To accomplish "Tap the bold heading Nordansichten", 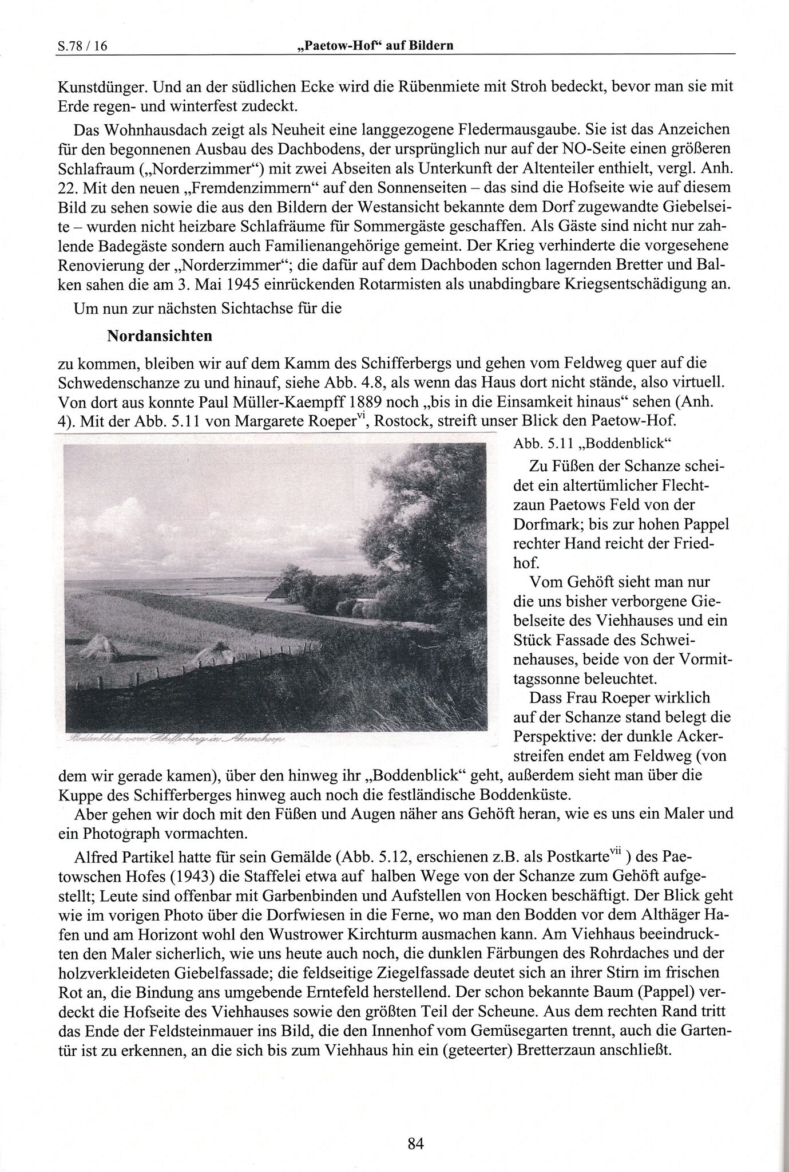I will point(160,336).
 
